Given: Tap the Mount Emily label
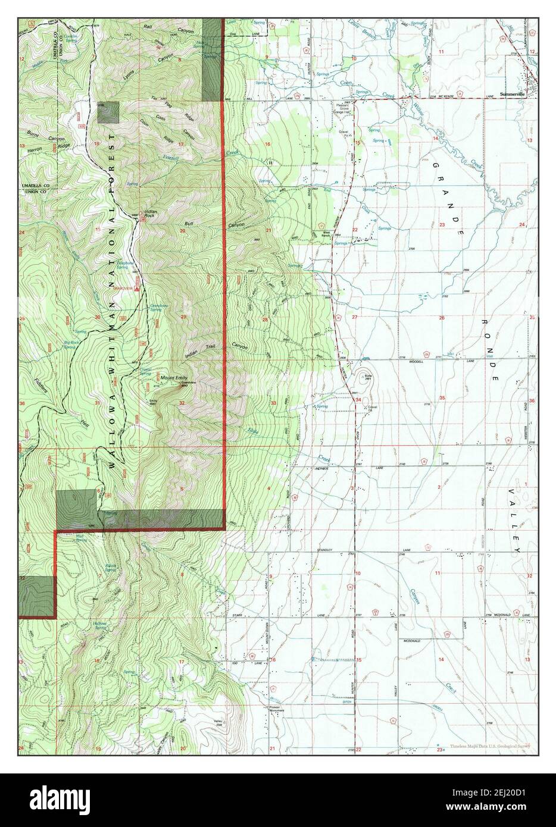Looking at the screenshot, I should click(171, 377).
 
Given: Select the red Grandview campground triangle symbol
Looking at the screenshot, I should click(138, 288).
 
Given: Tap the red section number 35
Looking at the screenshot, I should click(442, 397).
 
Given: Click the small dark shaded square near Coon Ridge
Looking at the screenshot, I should click(108, 112).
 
